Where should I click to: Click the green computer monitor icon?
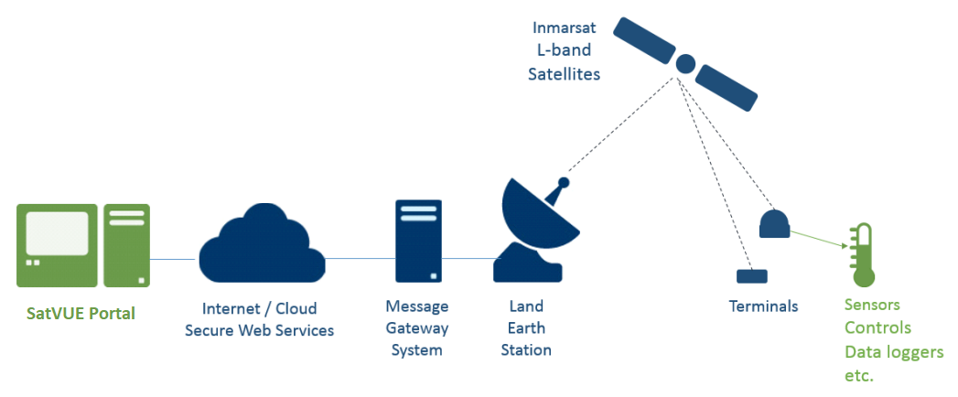[57, 245]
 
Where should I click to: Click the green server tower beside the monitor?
[126, 245]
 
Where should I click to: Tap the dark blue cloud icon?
[262, 244]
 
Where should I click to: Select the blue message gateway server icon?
[418, 241]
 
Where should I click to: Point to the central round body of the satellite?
[685, 62]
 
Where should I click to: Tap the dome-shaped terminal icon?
[774, 223]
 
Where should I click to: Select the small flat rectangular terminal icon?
[751, 276]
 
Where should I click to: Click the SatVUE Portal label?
[81, 314]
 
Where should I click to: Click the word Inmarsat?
[563, 28]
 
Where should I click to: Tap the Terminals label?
[764, 306]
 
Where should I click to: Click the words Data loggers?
[895, 352]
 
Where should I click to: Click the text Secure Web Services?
[260, 330]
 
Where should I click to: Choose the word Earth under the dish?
[526, 328]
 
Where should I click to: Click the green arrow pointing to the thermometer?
[819, 239]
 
